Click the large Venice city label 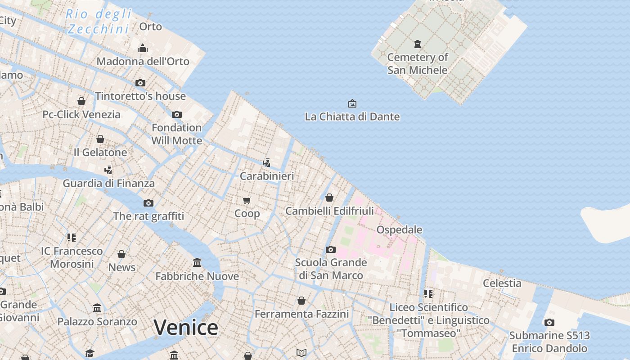(x=186, y=327)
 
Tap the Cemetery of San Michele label (x=418, y=63)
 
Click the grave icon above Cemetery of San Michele (x=418, y=44)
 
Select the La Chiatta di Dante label (x=352, y=117)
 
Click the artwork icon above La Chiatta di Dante (x=352, y=103)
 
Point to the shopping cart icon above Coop (x=247, y=200)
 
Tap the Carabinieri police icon (x=267, y=162)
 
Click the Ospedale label (x=399, y=229)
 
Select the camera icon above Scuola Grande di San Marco (x=331, y=249)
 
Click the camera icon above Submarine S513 (x=549, y=322)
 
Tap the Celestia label (x=502, y=283)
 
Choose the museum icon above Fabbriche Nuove (x=197, y=262)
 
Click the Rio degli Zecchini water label (x=99, y=22)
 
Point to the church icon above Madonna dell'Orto (x=143, y=48)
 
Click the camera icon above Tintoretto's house (x=140, y=83)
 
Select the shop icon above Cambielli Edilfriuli (x=329, y=198)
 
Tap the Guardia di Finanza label (x=108, y=183)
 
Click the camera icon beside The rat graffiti (x=148, y=203)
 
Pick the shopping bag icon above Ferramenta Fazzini (x=301, y=300)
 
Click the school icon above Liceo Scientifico (x=428, y=294)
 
